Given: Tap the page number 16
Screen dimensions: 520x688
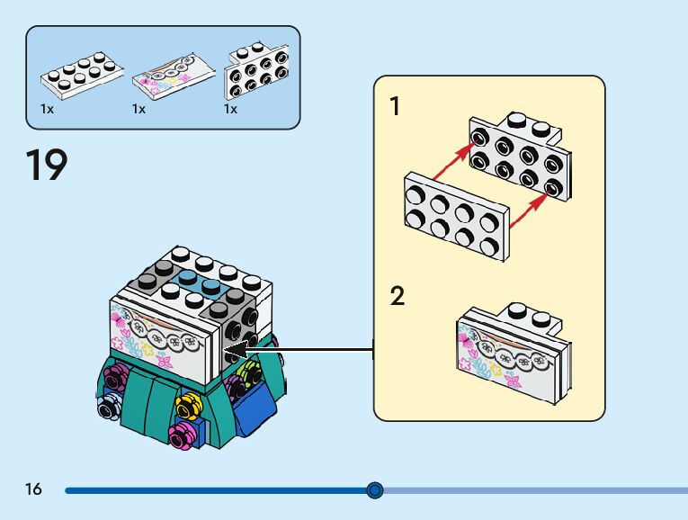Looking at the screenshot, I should coord(34,489).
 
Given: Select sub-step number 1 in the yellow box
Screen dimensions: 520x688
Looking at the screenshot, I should coord(394,106).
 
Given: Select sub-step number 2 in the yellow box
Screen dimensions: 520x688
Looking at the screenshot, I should coord(397,296).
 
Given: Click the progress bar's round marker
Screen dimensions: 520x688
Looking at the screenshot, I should coord(375,490).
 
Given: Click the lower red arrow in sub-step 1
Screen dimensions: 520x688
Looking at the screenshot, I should coord(528,210).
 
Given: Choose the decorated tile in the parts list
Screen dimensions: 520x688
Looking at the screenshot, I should coord(173,78).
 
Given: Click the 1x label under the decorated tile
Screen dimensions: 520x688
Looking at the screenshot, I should coord(138,109).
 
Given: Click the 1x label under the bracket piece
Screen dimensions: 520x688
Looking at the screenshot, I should coord(230,109).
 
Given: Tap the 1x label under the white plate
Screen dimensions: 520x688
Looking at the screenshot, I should coord(47,109).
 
